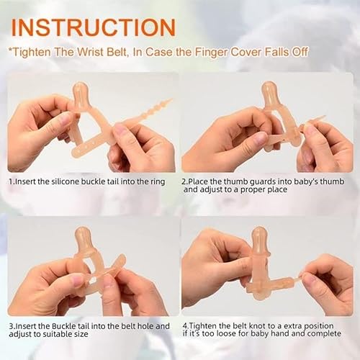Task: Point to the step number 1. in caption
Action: pyautogui.click(x=12, y=181)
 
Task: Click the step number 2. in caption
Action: pyautogui.click(x=185, y=181)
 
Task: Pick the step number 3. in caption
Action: pyautogui.click(x=12, y=325)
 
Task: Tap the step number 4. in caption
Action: pyautogui.click(x=185, y=325)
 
